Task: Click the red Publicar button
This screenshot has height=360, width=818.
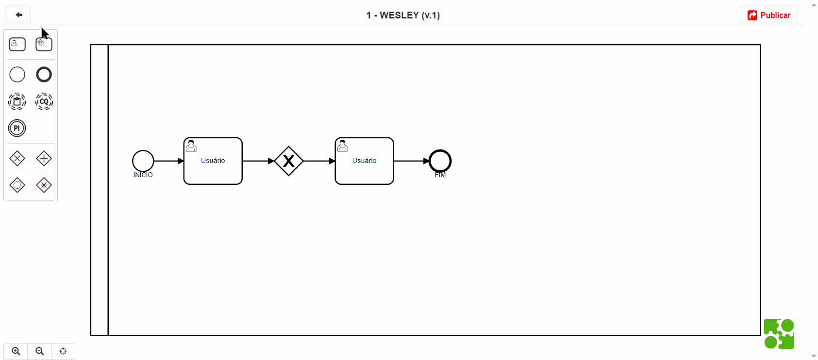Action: tap(768, 16)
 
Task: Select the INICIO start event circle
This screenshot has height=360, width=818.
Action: tap(143, 161)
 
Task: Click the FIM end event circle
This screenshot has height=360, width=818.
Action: tap(440, 161)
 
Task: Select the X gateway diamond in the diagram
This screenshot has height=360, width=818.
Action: tap(288, 161)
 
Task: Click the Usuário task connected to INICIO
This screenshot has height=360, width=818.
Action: tap(213, 161)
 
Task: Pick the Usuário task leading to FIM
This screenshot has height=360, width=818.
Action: tap(364, 161)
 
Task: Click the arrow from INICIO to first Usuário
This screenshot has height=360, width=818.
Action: tap(169, 161)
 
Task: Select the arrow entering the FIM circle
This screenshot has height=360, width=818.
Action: tap(412, 161)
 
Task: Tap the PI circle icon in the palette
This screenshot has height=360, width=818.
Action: tap(17, 128)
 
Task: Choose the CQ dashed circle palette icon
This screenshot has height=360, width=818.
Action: tap(44, 101)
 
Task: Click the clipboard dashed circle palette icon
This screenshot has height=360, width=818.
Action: tap(17, 101)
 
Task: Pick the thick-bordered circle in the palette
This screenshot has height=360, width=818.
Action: tap(44, 75)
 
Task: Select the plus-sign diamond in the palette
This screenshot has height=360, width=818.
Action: tap(44, 159)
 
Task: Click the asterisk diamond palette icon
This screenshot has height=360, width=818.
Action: tap(44, 185)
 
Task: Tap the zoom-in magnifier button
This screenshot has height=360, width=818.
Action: tap(16, 351)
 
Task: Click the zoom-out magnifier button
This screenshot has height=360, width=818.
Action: tap(39, 351)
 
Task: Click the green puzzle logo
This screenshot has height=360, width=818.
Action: tap(779, 334)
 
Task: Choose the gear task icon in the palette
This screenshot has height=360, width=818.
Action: tap(44, 44)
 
